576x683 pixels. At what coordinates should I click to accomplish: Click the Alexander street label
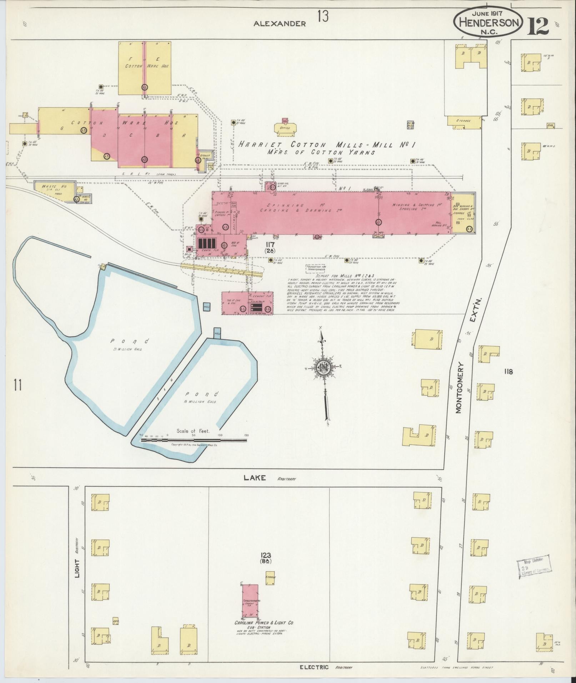click(x=280, y=24)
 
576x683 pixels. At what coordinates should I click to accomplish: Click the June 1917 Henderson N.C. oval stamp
click(x=488, y=22)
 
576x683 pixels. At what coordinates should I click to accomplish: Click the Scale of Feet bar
click(x=194, y=440)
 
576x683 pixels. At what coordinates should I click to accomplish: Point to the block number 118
click(x=508, y=371)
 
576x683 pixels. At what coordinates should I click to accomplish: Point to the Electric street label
click(x=314, y=667)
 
